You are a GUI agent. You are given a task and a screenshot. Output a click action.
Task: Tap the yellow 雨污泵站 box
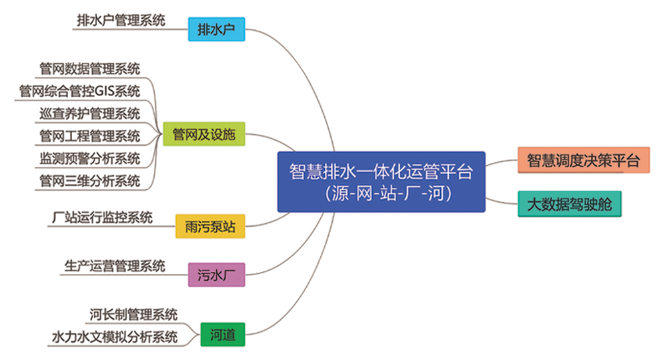click(x=210, y=227)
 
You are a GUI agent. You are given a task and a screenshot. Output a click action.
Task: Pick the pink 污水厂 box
click(x=217, y=275)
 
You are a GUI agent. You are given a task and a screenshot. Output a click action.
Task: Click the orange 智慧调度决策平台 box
click(x=583, y=161)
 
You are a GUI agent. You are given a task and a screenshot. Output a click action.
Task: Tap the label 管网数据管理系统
click(x=90, y=68)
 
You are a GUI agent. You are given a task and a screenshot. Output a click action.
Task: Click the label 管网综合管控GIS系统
click(x=80, y=91)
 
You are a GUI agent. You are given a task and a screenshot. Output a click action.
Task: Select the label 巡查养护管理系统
click(x=90, y=113)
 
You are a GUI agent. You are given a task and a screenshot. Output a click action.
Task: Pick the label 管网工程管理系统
click(x=90, y=136)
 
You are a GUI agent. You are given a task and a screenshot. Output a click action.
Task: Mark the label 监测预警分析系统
click(x=90, y=158)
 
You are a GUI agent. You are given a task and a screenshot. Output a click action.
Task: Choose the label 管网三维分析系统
click(x=90, y=180)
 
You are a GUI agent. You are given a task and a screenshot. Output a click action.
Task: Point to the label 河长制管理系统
click(x=133, y=314)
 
